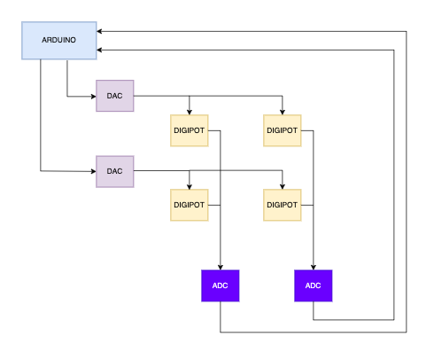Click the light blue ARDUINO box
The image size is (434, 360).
click(59, 41)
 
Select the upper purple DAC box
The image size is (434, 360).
click(115, 96)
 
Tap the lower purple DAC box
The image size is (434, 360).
click(115, 171)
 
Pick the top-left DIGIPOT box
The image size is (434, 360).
click(190, 130)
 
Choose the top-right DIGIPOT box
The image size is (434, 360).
click(283, 130)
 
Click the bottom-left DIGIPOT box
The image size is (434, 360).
click(190, 205)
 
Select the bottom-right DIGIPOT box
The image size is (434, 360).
click(283, 205)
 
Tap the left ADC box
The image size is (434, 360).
click(221, 286)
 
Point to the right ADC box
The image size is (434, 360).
click(314, 286)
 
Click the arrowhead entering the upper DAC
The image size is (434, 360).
click(94, 96)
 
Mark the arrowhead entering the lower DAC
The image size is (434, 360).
click(94, 171)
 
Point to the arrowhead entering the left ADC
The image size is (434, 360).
click(221, 267)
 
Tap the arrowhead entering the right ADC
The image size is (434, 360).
click(314, 267)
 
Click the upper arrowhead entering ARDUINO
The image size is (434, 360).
click(99, 31)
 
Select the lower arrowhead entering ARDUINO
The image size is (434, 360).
click(99, 51)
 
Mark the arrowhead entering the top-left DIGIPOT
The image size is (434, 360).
click(190, 112)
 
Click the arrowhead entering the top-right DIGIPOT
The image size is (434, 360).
click(283, 112)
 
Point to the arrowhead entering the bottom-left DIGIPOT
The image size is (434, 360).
click(190, 186)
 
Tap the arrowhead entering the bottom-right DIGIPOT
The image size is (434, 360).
click(283, 186)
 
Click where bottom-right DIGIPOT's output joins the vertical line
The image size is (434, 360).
click(314, 205)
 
